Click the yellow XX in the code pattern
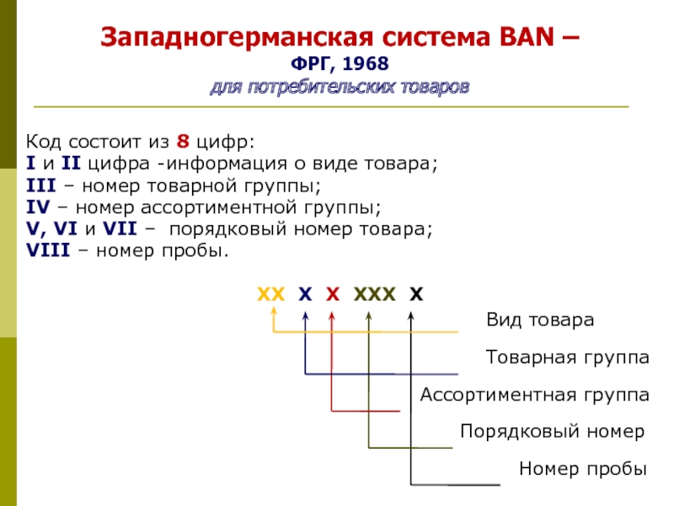(271, 294)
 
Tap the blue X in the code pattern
(305, 294)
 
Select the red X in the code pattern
(333, 294)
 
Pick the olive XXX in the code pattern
(374, 294)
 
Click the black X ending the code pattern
(416, 294)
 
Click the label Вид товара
(540, 320)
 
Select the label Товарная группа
(567, 358)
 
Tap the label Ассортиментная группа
(534, 395)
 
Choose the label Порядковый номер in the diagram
(552, 432)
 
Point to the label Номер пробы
(582, 469)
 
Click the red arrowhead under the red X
(332, 316)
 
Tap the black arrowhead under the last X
(410, 316)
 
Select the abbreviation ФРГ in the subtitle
(309, 66)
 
